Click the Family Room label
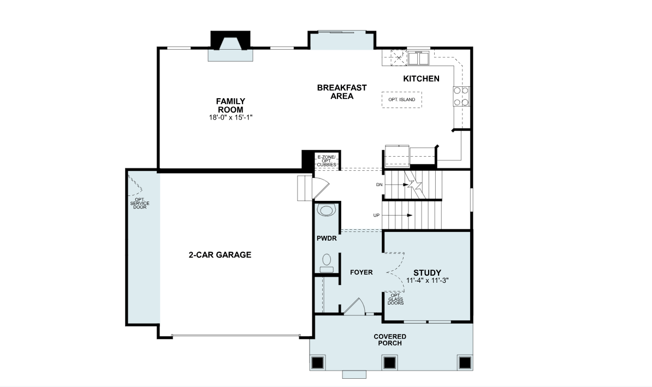coord(230,105)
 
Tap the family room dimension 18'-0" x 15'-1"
coord(230,118)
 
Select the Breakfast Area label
coord(342,92)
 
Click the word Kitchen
coord(421,79)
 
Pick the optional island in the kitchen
coord(402,100)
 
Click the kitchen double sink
coord(418,58)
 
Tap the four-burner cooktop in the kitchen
coord(461,96)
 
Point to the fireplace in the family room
coord(230,46)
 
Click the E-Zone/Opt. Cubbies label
coord(327,161)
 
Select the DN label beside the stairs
coord(379,184)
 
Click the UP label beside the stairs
coord(376,215)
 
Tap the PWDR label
coord(327,239)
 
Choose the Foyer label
coord(361,272)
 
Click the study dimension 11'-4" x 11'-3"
coord(427,281)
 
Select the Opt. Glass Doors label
coord(395,299)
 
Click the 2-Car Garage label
coord(220,255)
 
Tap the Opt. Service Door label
coord(140,203)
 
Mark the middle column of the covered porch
coord(390,362)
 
